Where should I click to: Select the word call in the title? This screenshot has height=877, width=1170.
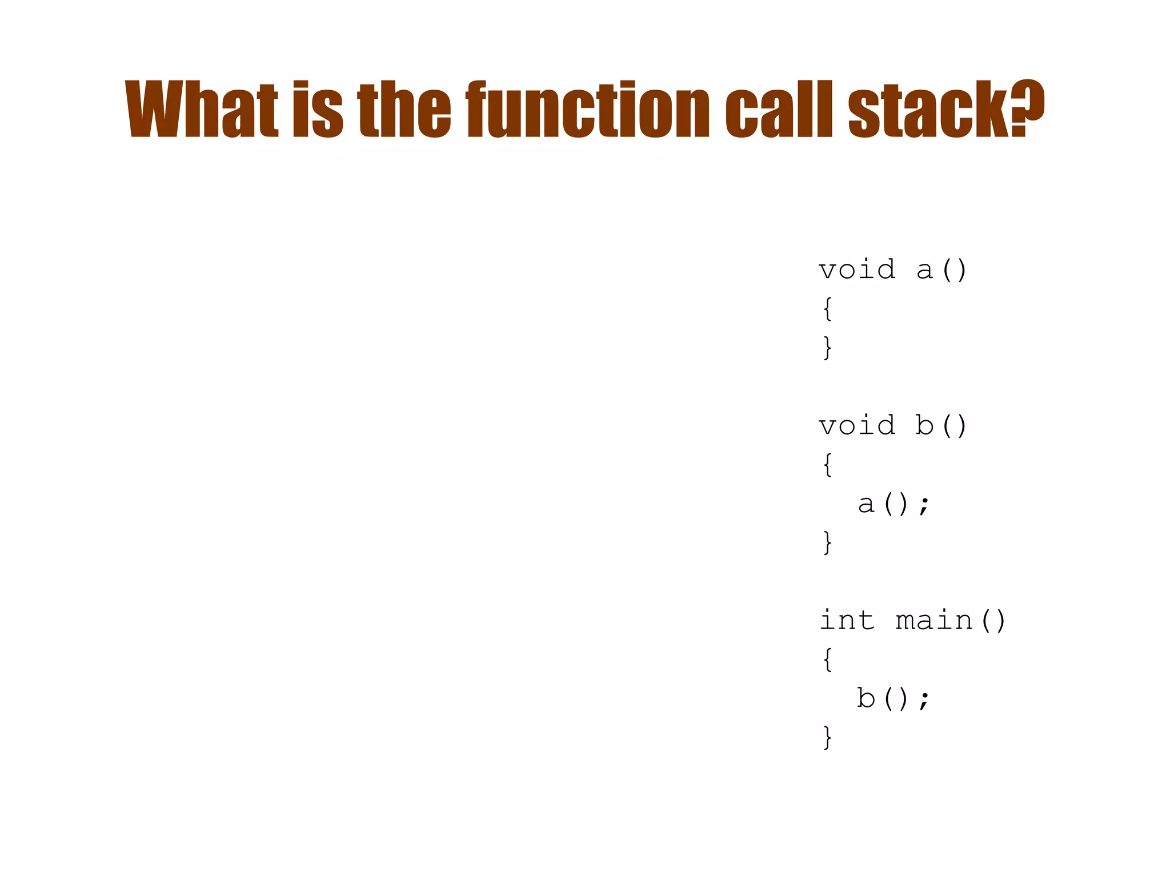(779, 108)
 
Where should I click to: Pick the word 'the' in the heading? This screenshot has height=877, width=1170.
(404, 108)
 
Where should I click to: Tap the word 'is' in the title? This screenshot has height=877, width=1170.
(318, 108)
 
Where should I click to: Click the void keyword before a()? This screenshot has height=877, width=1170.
(857, 269)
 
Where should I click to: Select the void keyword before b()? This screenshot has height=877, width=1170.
(857, 425)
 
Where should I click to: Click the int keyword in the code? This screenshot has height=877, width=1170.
(847, 621)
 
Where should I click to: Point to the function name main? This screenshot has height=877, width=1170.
(934, 621)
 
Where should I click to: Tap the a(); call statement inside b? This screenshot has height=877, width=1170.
(894, 504)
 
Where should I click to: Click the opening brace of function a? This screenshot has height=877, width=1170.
(827, 309)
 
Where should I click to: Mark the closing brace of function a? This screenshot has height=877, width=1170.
(827, 348)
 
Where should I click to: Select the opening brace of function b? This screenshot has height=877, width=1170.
(827, 465)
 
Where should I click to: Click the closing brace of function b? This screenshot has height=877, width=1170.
(827, 542)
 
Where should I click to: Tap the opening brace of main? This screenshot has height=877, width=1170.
(827, 659)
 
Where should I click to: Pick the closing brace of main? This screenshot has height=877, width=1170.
(827, 737)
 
